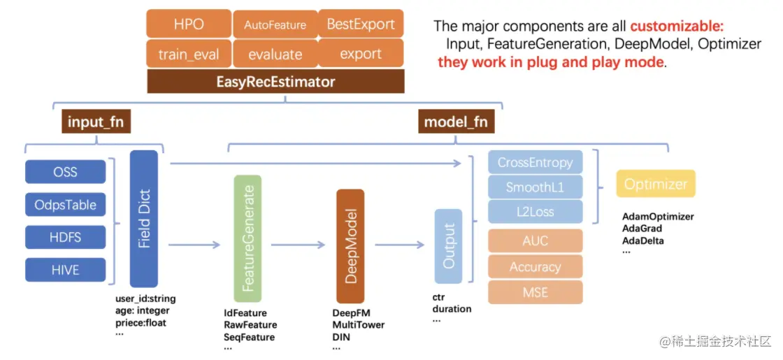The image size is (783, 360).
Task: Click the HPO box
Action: [189, 24]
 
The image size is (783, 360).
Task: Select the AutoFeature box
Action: [275, 24]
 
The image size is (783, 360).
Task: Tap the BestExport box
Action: [361, 24]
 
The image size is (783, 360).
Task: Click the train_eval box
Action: [189, 53]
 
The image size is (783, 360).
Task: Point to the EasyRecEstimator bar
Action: [275, 81]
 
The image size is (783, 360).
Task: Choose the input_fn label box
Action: [96, 122]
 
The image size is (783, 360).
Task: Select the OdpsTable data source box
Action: [66, 205]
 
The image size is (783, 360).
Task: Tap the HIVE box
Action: [66, 270]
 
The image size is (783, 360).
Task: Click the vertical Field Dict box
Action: [144, 219]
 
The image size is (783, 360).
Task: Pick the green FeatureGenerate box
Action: [247, 238]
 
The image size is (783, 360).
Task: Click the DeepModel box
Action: [350, 246]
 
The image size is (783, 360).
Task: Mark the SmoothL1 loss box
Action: [536, 187]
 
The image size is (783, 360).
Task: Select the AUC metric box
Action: [536, 241]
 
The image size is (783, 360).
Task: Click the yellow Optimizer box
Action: [656, 185]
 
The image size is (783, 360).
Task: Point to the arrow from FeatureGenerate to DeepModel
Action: [298, 245]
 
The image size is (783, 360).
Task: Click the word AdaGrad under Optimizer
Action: [642, 229]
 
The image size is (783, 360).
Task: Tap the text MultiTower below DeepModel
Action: [359, 325]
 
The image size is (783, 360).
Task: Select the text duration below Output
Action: [452, 309]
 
